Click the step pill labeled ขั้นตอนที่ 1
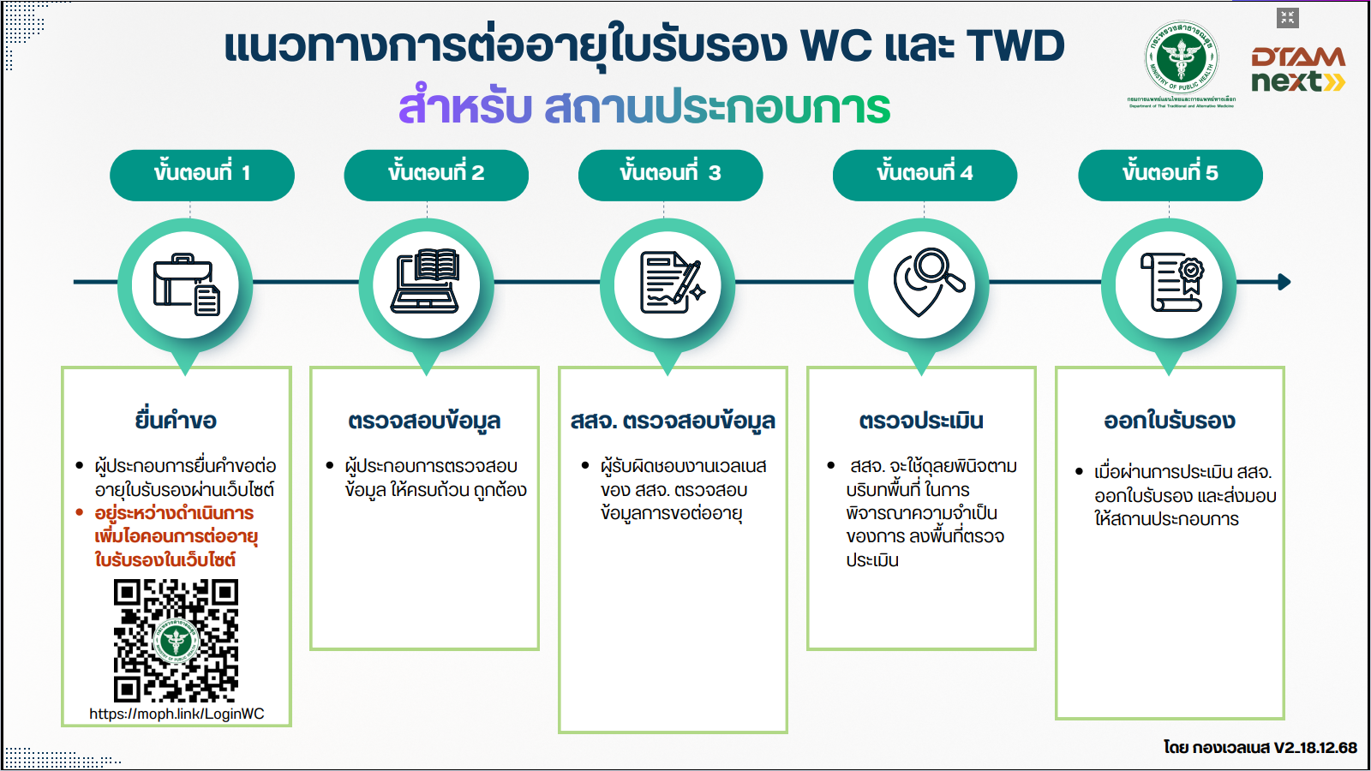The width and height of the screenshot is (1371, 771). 201,175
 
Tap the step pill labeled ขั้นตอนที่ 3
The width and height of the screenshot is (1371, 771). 670,175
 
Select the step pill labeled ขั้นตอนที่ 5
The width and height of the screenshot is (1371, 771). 1170,175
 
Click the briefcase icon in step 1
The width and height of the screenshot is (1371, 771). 186,284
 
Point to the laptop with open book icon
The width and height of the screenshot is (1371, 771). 426,281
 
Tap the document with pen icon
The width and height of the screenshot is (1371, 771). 671,283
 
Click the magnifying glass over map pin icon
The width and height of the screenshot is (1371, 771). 925,281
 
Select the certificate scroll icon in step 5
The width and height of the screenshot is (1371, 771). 1171,283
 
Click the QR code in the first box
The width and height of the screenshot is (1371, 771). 176,640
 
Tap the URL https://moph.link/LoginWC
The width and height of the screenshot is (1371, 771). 177,714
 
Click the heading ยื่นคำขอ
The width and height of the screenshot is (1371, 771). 176,421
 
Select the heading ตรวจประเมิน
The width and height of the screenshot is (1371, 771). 921,421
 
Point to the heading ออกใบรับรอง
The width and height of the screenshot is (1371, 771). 1169,421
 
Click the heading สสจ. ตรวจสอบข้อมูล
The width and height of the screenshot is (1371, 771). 673,421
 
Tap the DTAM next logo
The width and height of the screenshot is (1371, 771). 1297,69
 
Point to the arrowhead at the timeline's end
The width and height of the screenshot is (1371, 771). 1284,282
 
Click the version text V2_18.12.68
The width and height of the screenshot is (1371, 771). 1314,747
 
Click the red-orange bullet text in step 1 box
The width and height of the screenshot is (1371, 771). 175,536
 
